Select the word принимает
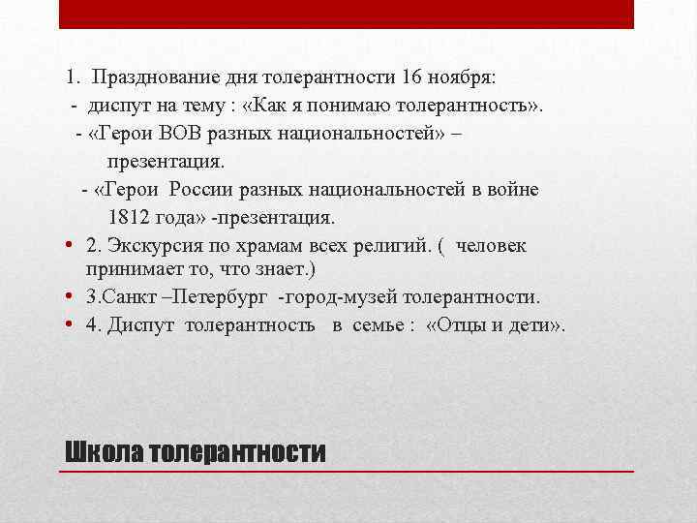click(134, 267)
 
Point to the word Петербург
click(219, 296)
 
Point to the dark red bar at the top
click(347, 14)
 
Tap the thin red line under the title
click(347, 470)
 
